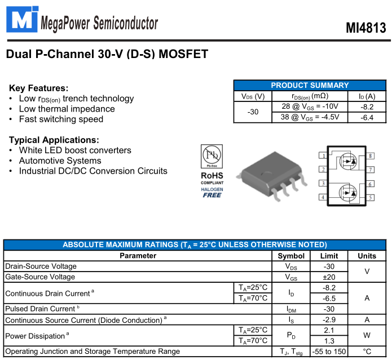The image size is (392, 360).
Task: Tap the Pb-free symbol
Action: click(212, 156)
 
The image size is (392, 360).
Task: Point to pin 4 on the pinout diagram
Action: click(323, 197)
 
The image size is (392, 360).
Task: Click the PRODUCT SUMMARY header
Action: click(310, 85)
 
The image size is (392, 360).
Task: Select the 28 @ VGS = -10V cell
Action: click(310, 106)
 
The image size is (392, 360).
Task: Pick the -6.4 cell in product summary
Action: click(367, 117)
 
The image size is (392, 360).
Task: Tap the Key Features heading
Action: click(38, 88)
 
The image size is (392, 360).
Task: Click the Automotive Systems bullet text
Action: click(60, 161)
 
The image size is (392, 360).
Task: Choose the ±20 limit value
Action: click(329, 277)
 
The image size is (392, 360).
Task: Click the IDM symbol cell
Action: click(291, 309)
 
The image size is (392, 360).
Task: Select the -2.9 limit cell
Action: click(329, 319)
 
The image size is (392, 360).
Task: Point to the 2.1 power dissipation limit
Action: click(329, 330)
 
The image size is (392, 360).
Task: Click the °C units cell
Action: click(367, 352)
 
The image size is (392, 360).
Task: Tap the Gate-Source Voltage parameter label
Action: click(40, 277)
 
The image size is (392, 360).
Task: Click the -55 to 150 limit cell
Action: click(329, 352)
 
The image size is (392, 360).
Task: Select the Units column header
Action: click(367, 256)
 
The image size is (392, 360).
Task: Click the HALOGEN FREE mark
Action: click(212, 192)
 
